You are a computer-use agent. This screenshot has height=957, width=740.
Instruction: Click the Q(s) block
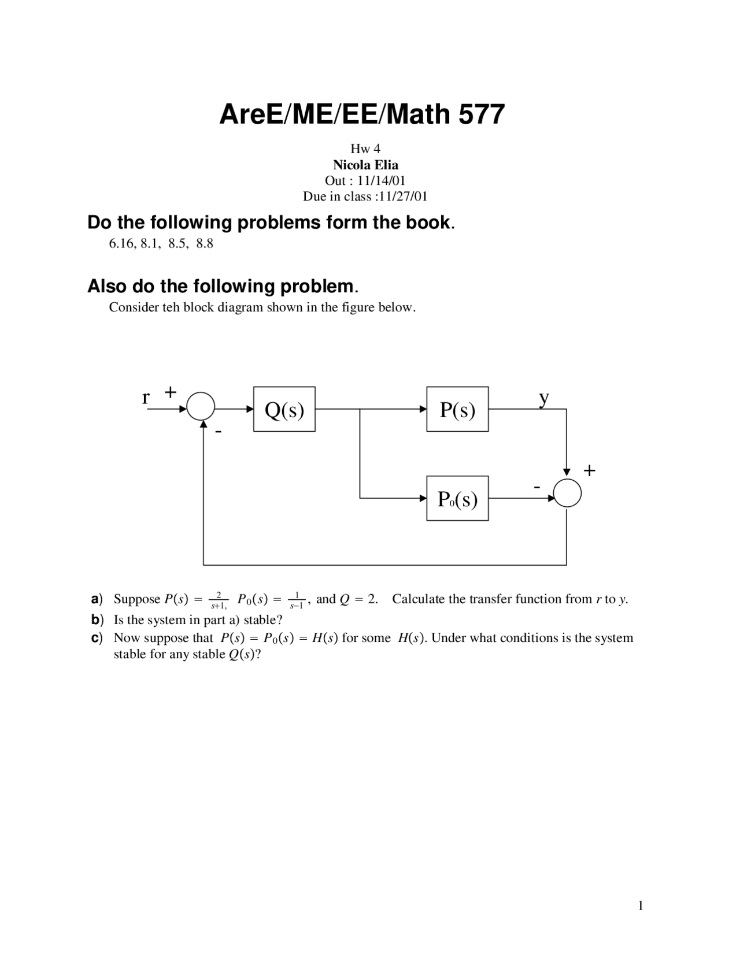point(284,409)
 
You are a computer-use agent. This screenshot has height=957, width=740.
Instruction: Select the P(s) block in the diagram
point(457,409)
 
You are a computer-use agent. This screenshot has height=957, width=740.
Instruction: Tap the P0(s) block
point(457,498)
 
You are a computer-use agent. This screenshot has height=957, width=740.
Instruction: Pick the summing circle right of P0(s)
point(567,494)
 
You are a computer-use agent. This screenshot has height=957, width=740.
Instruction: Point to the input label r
point(146,398)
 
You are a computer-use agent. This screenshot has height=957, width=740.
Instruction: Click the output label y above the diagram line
point(543,398)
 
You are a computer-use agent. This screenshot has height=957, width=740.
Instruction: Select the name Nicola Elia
point(365,165)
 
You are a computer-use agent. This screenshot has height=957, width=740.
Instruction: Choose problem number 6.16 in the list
point(121,244)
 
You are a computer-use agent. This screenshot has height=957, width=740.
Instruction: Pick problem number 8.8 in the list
point(205,244)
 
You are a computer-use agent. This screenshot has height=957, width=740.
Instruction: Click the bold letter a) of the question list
point(97,599)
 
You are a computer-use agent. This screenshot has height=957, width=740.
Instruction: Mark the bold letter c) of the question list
point(97,638)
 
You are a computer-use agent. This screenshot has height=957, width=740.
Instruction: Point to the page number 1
point(641,906)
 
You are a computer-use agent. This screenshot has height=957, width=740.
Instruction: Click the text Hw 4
point(365,149)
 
